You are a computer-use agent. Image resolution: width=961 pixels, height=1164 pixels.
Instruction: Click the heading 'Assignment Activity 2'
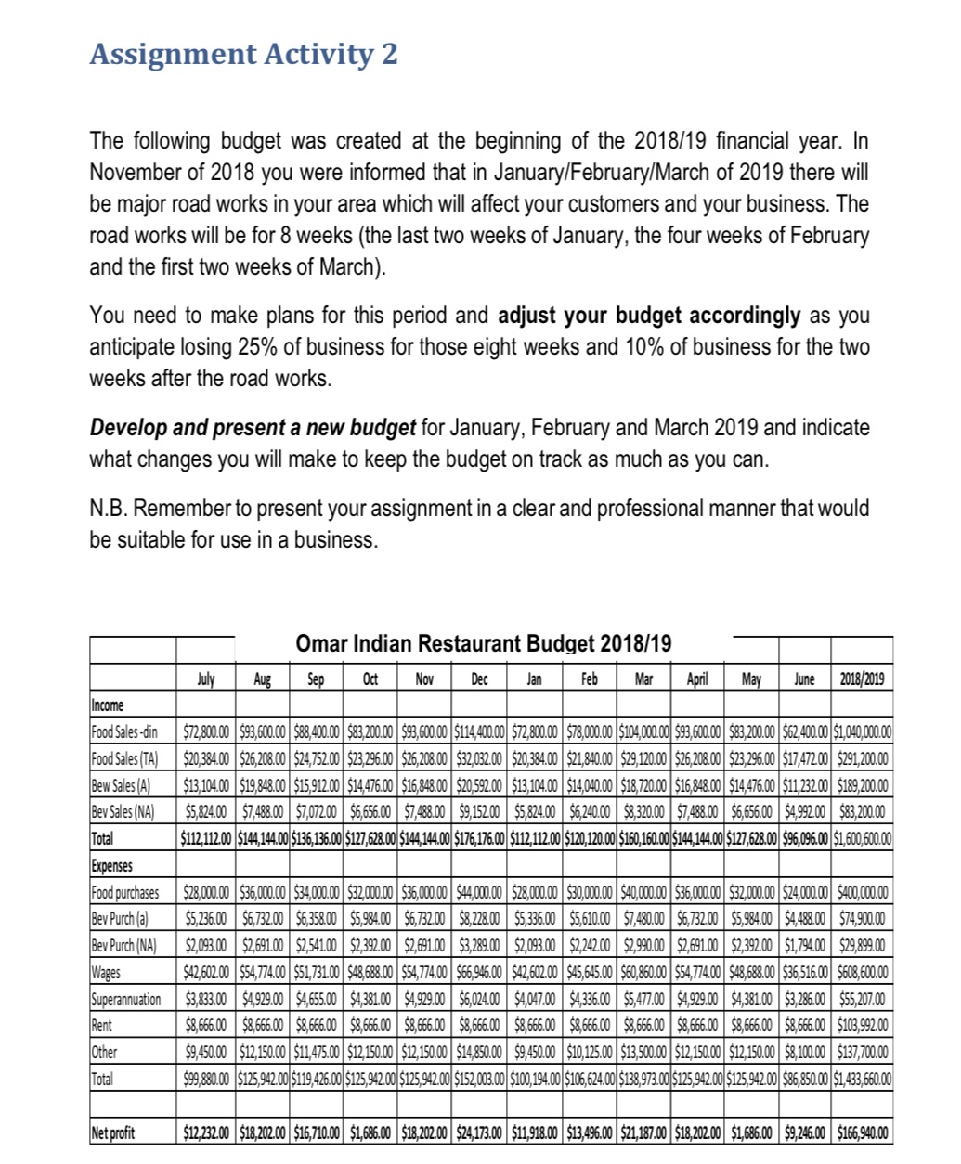(x=243, y=54)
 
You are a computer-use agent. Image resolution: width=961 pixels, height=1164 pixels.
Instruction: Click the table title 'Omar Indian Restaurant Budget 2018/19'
(x=483, y=643)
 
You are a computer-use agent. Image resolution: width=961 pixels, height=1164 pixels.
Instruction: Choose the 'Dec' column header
(x=478, y=679)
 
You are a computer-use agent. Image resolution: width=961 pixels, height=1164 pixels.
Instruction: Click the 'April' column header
(x=697, y=679)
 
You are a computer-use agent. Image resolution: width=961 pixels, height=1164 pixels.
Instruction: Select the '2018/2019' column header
(x=862, y=679)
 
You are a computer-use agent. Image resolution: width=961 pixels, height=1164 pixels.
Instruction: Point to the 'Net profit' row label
(x=112, y=1132)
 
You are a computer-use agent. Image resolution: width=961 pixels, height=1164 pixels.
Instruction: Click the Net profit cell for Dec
(x=478, y=1132)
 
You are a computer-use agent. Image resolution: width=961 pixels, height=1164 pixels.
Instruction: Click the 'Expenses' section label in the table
(x=111, y=866)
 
